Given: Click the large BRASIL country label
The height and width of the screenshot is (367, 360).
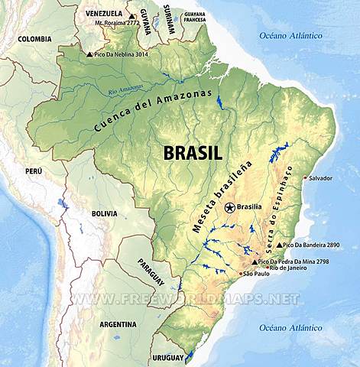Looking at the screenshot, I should [x=193, y=152].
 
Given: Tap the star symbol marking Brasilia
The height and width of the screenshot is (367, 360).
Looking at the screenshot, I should [x=229, y=206].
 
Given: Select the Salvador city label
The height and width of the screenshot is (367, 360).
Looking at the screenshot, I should [x=321, y=178].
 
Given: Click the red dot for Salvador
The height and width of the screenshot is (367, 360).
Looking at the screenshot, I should [x=306, y=178].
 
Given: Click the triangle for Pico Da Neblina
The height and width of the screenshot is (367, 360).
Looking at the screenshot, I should [x=90, y=54].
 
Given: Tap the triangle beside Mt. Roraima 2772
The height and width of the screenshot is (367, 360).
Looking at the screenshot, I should [x=131, y=16].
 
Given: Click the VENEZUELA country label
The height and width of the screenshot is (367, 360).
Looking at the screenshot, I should [x=103, y=14].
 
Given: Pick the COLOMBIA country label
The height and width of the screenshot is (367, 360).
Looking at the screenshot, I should [x=35, y=38].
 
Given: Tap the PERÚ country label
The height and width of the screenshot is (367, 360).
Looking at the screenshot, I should [x=34, y=171].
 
